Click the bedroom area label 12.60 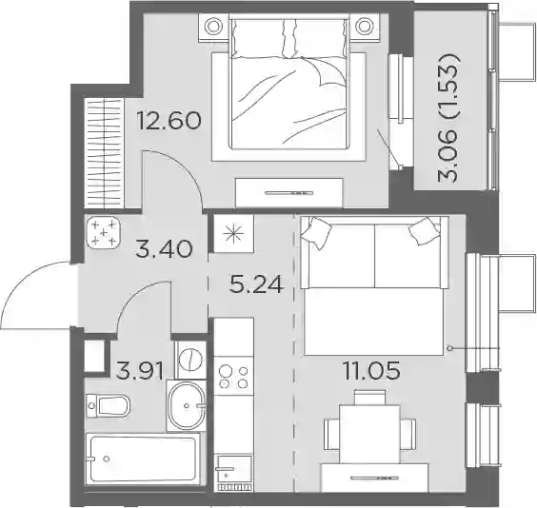[169, 121]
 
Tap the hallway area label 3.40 [164, 248]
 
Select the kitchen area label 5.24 [257, 284]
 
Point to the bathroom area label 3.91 [139, 371]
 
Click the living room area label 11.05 [372, 370]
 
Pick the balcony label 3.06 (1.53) [447, 117]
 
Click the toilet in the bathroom [109, 405]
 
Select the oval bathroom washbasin [188, 405]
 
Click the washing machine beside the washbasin [190, 361]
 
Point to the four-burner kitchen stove [233, 376]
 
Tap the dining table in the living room [369, 434]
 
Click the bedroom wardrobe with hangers [104, 153]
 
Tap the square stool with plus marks [104, 233]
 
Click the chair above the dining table [369, 397]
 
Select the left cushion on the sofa [316, 233]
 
